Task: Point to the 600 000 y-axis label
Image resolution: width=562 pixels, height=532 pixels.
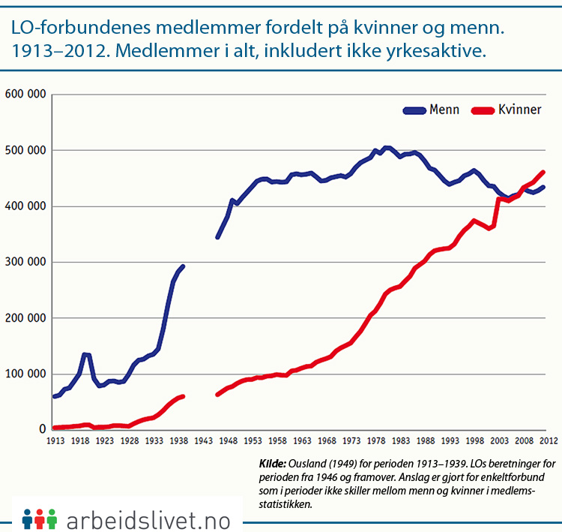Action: coord(25,95)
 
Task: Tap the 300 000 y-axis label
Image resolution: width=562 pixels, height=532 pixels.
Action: coord(25,262)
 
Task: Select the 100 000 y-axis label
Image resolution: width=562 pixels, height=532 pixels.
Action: coord(25,374)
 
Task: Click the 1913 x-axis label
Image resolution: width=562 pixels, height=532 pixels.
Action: coord(55,440)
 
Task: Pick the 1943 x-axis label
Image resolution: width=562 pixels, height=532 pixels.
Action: coord(205,440)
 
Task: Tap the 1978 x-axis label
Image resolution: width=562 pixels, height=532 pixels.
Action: coord(378,440)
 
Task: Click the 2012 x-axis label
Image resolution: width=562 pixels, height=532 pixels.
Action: coord(547,440)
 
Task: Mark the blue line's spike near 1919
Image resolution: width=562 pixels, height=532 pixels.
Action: coord(85,354)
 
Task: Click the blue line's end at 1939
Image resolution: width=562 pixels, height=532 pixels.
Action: coord(183,266)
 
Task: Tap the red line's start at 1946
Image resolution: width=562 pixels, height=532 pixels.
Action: coord(217,394)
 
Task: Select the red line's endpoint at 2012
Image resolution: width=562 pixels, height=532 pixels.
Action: coord(543,172)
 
